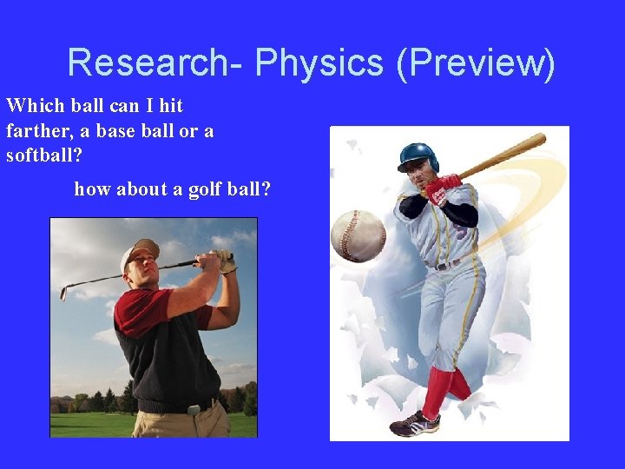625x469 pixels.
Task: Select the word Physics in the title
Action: tap(319, 63)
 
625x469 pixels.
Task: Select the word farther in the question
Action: tap(37, 131)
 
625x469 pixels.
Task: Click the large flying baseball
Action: tap(358, 234)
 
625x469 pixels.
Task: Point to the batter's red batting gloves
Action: tap(441, 188)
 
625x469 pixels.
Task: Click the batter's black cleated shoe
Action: tap(414, 425)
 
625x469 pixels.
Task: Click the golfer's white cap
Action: tap(138, 251)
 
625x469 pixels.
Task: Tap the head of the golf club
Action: tap(63, 293)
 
